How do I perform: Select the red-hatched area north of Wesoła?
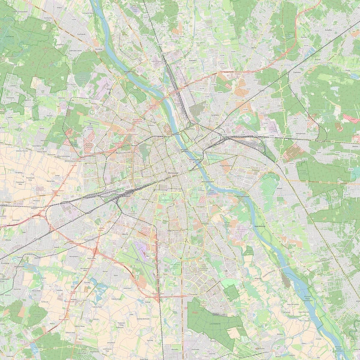pyautogui.click(x=348, y=117)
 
